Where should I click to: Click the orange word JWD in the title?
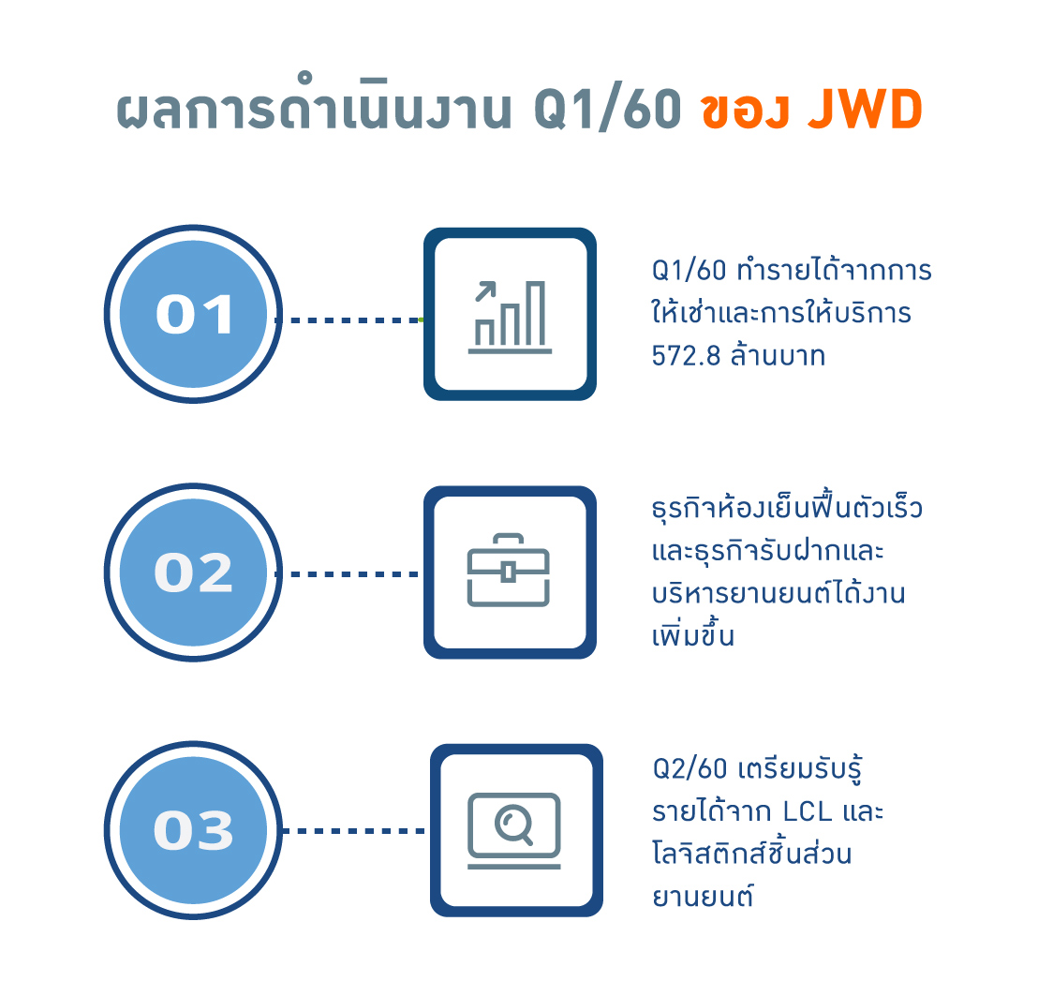point(866,110)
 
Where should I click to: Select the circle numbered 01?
point(193,314)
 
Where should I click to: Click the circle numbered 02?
point(193,572)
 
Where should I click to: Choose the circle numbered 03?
point(193,830)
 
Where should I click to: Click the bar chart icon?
point(510,317)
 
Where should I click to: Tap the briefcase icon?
point(509,570)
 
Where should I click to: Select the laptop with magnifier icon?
point(514,831)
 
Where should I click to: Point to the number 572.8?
point(686,356)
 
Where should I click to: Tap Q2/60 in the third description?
point(690,769)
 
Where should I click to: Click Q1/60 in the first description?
point(690,271)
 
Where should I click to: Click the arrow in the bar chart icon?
point(485,291)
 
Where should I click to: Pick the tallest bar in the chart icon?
point(536,313)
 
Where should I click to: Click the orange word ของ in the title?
point(745,111)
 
